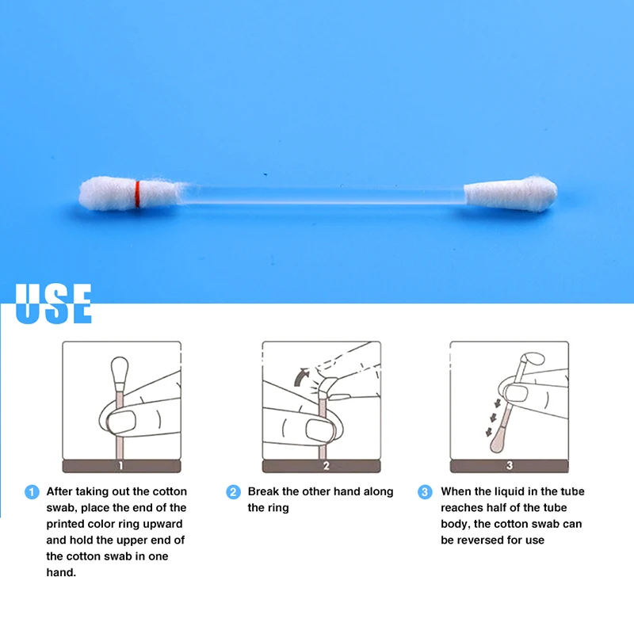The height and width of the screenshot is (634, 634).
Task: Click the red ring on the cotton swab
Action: (138, 193)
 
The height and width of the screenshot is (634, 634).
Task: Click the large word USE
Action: (54, 305)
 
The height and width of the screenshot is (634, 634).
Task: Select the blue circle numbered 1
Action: (32, 492)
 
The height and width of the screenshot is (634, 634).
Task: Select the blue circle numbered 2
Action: (233, 492)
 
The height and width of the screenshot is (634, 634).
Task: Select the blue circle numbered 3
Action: (426, 492)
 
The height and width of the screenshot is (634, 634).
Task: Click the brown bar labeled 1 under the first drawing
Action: (121, 466)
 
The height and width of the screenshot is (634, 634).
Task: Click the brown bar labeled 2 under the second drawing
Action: (322, 466)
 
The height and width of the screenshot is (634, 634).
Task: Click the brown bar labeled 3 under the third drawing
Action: (510, 466)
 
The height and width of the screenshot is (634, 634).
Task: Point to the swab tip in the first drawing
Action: (120, 369)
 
